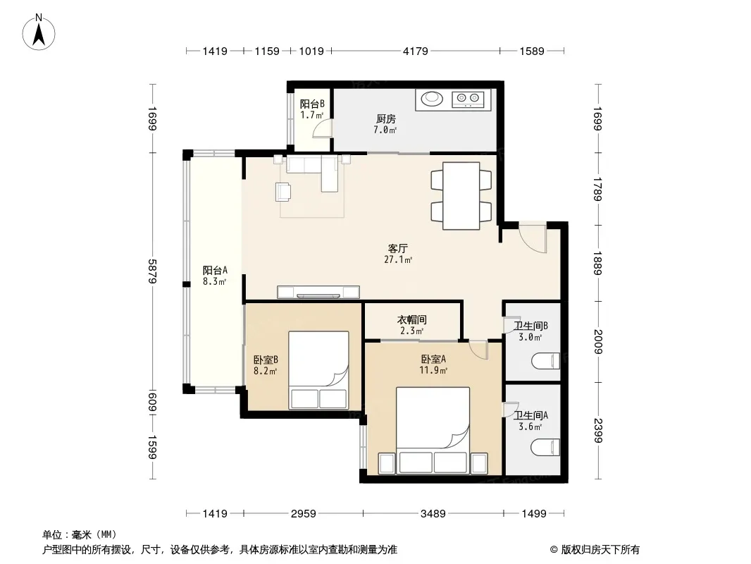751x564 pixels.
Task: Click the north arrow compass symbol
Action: tap(39, 32)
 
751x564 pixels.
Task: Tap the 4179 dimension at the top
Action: tap(415, 51)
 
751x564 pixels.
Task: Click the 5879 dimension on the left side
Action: tap(152, 271)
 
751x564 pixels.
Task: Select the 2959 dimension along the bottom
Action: tap(303, 514)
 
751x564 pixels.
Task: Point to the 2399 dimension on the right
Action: tap(597, 430)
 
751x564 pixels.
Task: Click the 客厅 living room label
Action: tap(397, 249)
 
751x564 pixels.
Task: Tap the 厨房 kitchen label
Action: tap(385, 119)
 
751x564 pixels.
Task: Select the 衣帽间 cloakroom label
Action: tap(412, 319)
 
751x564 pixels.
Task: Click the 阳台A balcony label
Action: tap(215, 270)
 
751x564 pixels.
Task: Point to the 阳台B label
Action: tap(312, 104)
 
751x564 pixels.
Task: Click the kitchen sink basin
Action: tap(432, 98)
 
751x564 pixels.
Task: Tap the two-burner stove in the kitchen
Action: tap(468, 99)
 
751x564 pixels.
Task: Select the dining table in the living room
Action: tap(461, 195)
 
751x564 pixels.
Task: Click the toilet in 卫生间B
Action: tap(545, 360)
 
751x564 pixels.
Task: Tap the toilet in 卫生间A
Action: tap(545, 446)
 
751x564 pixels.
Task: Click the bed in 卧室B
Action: tap(318, 370)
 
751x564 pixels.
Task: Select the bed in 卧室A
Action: tap(433, 430)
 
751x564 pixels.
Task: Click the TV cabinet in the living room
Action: tap(318, 292)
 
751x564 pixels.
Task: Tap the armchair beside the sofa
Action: tap(283, 192)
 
